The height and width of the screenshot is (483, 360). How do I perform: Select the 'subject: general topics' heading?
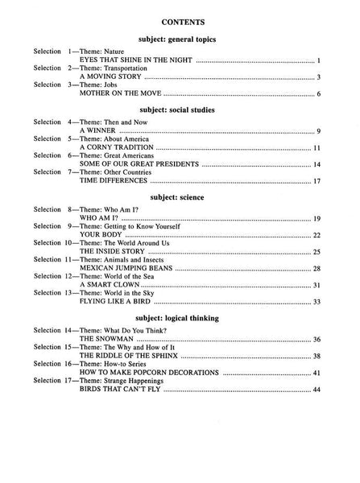click(180, 38)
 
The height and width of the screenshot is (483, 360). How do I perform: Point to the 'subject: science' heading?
click(180, 196)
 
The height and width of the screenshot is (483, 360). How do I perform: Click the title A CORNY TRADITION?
click(116, 148)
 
